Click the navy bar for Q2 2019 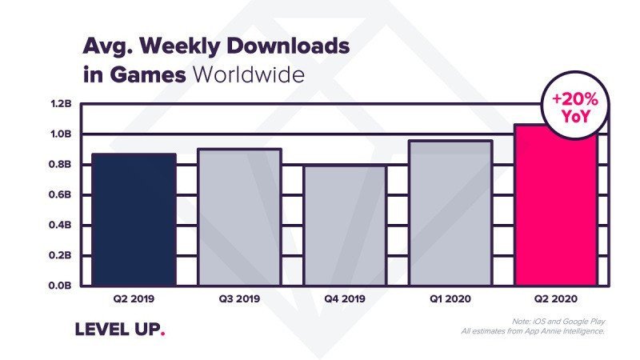coord(134,218)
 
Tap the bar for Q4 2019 coord(345,224)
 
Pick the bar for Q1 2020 coord(450,212)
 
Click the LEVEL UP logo coord(119,329)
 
